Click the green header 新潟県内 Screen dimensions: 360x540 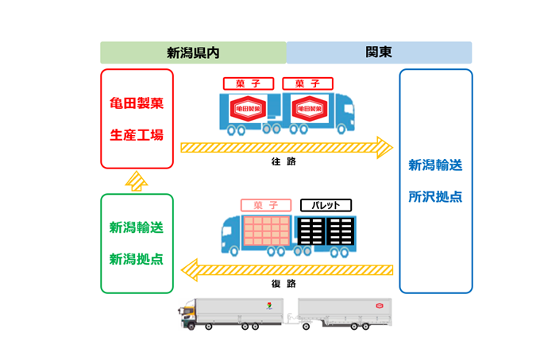click(193, 52)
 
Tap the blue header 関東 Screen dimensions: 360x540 click(379, 52)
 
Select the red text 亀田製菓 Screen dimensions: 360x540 click(137, 104)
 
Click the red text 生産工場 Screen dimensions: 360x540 click(137, 134)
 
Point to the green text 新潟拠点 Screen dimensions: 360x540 click(137, 259)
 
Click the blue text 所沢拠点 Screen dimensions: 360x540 click(435, 196)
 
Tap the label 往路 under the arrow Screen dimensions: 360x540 click(283, 161)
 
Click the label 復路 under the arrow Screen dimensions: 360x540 click(283, 283)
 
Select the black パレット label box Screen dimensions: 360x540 click(326, 205)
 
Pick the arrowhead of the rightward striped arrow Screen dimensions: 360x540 click(384, 147)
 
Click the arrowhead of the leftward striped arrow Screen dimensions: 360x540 click(190, 269)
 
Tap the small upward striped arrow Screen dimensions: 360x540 click(137, 181)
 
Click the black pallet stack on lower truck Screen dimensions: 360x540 click(324, 230)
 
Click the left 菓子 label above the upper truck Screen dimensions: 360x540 click(249, 83)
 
